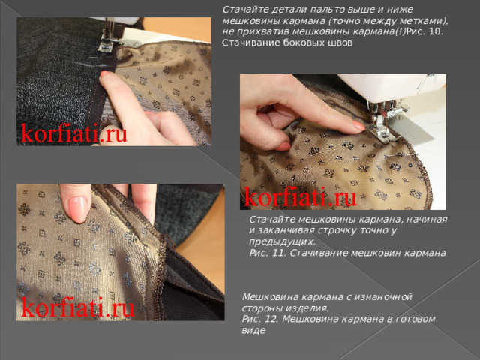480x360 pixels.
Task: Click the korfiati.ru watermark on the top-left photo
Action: tap(73, 134)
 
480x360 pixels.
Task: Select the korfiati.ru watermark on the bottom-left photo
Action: tap(77, 307)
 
